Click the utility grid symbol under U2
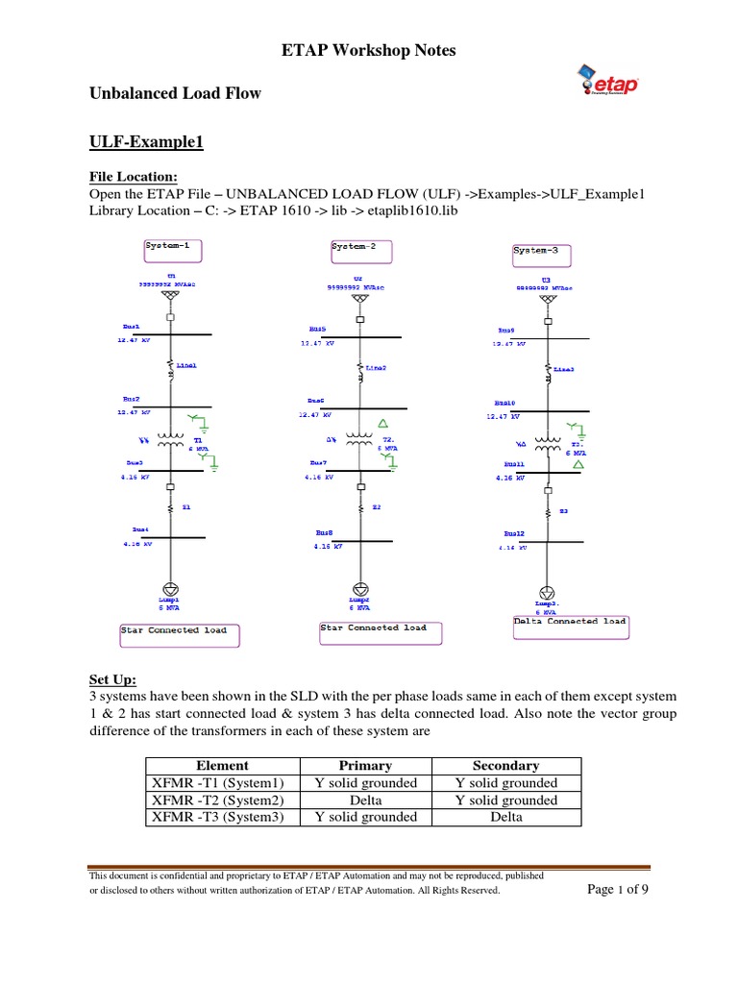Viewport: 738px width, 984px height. [360, 299]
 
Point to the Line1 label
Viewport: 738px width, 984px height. [186, 365]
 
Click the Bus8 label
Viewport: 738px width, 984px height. [324, 531]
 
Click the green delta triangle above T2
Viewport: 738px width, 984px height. [383, 423]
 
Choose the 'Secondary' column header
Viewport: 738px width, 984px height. [506, 766]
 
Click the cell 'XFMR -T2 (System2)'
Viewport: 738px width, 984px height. [222, 800]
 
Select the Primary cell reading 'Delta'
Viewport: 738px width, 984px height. [366, 800]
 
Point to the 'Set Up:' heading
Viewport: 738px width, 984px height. [113, 679]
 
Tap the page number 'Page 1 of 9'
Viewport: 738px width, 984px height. [617, 889]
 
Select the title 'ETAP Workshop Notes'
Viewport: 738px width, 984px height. [368, 50]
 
